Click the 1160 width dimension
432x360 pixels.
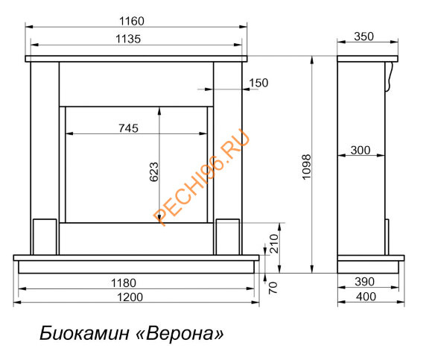(x=131, y=21)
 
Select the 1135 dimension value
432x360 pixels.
(x=128, y=39)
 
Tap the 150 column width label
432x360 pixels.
(x=258, y=83)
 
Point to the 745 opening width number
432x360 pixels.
(x=128, y=128)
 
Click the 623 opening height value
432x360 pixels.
(x=154, y=171)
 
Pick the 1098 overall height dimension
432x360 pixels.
(x=306, y=167)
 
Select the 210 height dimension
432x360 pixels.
(x=274, y=244)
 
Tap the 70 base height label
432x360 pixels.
(x=273, y=288)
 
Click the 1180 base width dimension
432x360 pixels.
(x=124, y=283)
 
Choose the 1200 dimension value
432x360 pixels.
(x=130, y=297)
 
